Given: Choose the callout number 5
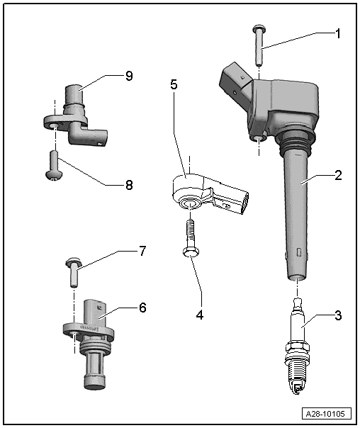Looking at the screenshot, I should click(x=174, y=84).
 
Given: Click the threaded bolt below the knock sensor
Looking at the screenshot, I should click(x=189, y=237).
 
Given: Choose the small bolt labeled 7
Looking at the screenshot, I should click(x=73, y=271).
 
